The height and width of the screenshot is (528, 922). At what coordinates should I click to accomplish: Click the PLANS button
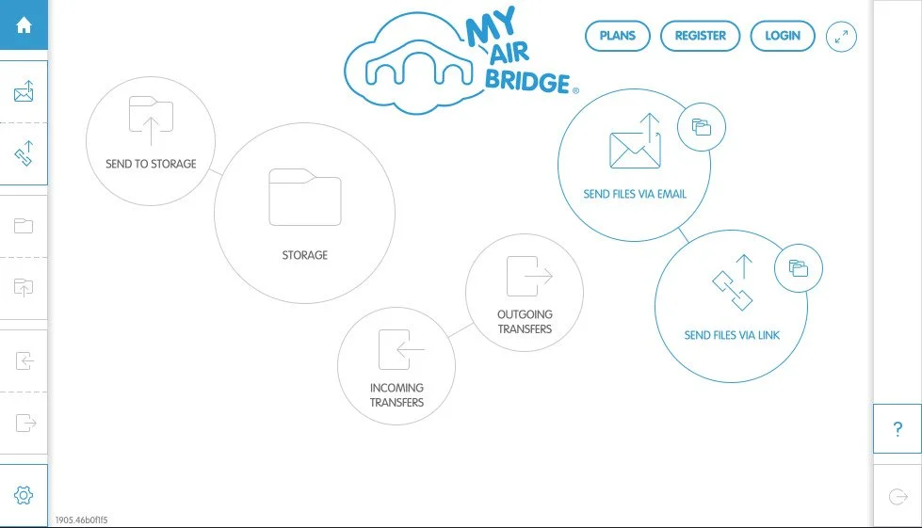point(618,36)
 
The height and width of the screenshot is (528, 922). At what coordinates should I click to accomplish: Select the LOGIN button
point(783,36)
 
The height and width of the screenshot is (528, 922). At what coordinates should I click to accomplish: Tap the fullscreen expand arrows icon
point(841,37)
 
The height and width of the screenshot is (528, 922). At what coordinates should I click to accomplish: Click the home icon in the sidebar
point(24,25)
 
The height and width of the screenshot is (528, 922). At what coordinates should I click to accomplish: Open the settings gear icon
point(24,495)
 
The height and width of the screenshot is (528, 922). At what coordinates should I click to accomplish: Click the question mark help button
point(898,429)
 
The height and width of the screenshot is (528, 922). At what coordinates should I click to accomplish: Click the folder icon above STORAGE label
point(304,198)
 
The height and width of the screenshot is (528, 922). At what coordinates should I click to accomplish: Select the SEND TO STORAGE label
point(151,164)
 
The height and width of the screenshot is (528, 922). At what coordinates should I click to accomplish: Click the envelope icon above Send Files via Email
point(635,142)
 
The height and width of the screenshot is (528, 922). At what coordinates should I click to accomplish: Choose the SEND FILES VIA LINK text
point(732,335)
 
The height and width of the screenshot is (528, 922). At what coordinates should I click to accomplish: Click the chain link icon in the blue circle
point(732,283)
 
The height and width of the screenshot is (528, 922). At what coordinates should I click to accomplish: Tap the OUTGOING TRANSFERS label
point(525,322)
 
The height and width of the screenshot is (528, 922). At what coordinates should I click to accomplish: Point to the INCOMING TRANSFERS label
point(396,395)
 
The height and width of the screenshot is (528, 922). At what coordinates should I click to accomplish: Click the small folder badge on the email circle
point(702,127)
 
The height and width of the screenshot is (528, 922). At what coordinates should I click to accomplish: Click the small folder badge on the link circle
point(799,268)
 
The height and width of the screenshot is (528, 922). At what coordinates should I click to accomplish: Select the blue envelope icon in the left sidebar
point(24,92)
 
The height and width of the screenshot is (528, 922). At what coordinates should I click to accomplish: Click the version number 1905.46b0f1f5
point(81,520)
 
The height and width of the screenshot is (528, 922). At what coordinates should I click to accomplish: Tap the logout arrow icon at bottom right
point(898,496)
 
